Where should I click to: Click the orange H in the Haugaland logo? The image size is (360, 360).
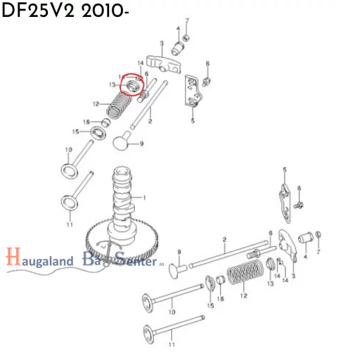(11, 258)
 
